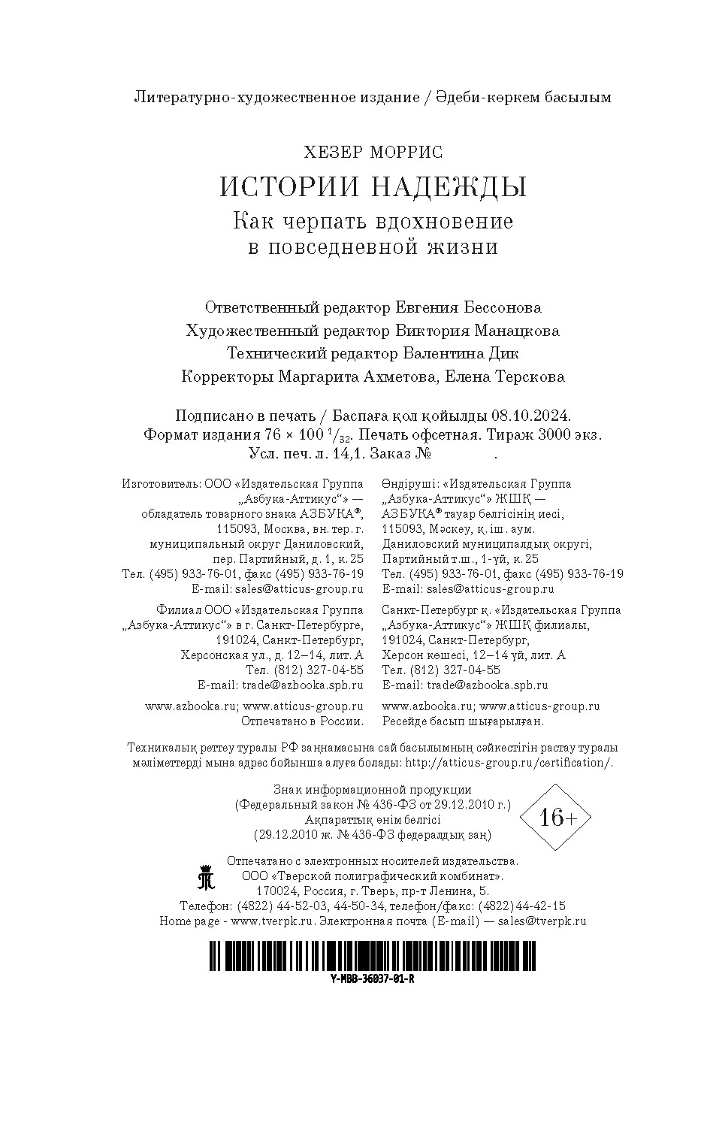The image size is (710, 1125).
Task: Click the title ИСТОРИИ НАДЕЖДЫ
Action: pos(373,187)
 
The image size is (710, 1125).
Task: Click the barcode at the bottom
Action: pos(373,957)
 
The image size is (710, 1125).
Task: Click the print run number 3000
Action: pos(559,434)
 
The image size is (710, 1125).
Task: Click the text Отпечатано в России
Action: pos(302,721)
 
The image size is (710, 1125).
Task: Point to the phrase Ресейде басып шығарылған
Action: pos(463,721)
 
